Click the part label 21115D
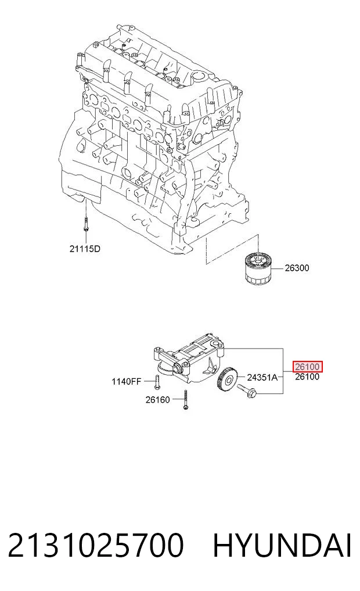[x=85, y=249]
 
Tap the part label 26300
[x=297, y=268]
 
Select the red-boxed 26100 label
[x=308, y=366]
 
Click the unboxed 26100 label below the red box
[x=307, y=377]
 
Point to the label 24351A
[x=262, y=377]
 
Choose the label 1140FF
[x=126, y=381]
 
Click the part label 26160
[x=158, y=400]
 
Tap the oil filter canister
[x=258, y=268]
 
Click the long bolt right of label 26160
[x=185, y=400]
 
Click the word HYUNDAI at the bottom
[x=282, y=546]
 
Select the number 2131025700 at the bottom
[x=96, y=546]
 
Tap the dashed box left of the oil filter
[x=232, y=249]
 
